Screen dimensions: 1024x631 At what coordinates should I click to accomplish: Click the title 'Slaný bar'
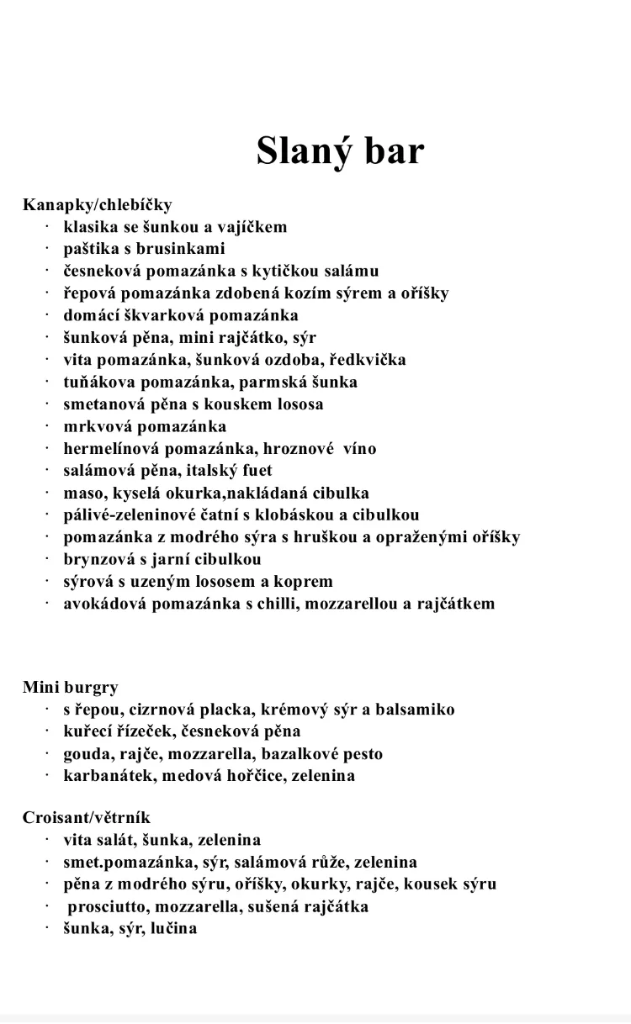(x=340, y=151)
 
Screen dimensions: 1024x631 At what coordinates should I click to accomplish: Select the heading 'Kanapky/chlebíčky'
(x=98, y=204)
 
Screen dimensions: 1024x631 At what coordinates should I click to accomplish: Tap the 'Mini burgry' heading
(x=71, y=688)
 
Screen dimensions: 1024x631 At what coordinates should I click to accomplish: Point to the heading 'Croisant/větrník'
(x=87, y=818)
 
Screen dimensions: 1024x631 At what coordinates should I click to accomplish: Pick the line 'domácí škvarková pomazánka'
(x=180, y=315)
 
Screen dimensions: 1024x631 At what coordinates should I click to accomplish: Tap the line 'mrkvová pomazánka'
(x=145, y=426)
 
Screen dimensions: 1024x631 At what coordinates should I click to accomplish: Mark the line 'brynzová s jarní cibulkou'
(x=162, y=560)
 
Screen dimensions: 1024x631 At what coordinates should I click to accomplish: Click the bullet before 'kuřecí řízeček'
(x=48, y=732)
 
